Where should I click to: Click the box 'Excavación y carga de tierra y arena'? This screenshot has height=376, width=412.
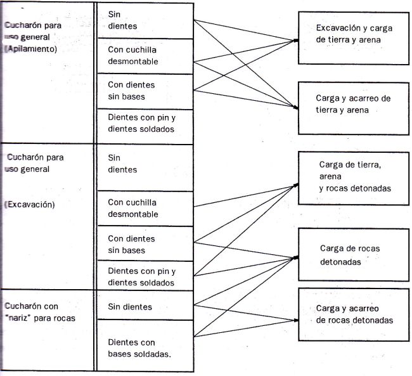tap(354, 38)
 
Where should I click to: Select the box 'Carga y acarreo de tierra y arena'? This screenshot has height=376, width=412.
tap(354, 108)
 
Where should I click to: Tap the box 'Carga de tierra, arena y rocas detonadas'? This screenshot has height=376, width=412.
tap(354, 178)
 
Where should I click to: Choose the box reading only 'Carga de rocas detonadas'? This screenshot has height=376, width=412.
tap(354, 254)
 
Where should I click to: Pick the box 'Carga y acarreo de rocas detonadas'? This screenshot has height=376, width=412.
tap(354, 314)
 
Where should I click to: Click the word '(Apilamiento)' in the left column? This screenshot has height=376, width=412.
tap(30, 49)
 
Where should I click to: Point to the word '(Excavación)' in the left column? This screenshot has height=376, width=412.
tap(29, 205)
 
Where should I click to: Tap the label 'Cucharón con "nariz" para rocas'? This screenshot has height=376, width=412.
tap(40, 312)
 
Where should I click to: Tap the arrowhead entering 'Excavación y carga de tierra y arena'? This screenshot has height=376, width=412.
tap(297, 41)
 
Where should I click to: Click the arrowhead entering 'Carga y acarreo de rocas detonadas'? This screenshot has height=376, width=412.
tap(297, 320)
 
